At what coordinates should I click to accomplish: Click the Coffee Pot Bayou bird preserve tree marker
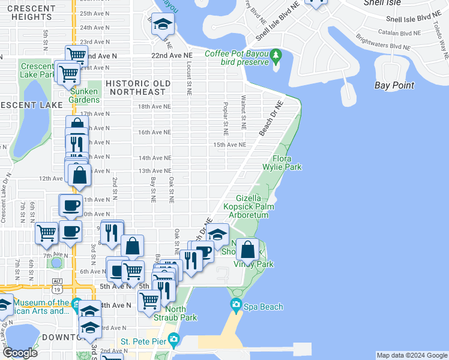[276, 57]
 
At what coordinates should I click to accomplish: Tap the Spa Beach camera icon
[235, 306]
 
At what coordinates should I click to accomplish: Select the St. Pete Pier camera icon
[173, 340]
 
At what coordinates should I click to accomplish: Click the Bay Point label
[394, 85]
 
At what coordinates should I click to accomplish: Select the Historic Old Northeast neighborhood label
[136, 88]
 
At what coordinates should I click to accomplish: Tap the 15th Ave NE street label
[230, 145]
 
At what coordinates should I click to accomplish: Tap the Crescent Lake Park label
[37, 70]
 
